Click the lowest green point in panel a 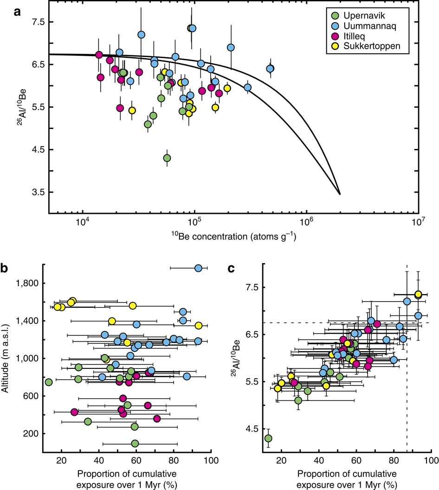167,158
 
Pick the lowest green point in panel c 268,438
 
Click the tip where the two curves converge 340,194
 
